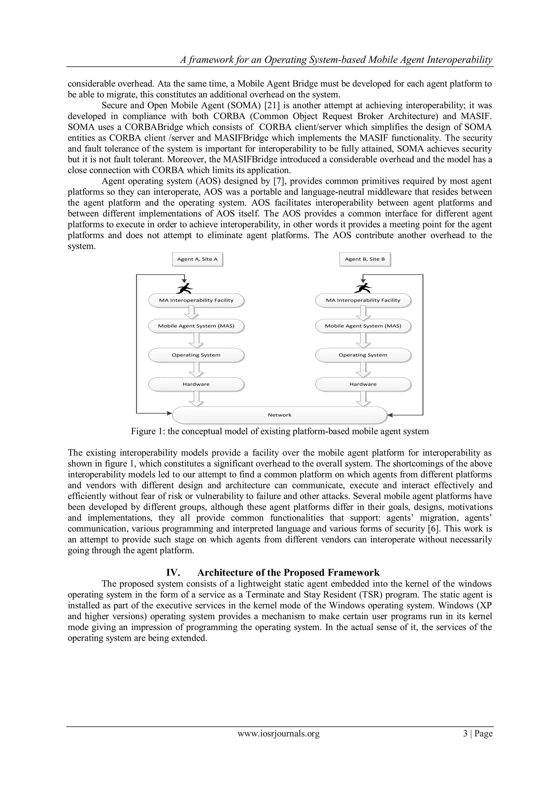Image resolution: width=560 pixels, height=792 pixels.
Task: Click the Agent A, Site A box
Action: point(197,259)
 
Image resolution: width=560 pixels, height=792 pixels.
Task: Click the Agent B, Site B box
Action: point(364,259)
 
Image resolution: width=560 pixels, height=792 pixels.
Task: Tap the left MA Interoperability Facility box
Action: point(196,300)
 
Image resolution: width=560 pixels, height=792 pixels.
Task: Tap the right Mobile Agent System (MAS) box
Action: point(363,326)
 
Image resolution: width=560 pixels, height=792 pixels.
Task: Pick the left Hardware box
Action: point(196,384)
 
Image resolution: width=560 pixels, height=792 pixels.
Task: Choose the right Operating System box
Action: point(363,355)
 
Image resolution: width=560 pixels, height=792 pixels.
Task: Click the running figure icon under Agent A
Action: point(185,288)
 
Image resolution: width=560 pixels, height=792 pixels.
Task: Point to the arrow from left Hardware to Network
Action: point(196,399)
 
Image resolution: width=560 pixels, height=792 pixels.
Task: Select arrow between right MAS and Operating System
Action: point(363,340)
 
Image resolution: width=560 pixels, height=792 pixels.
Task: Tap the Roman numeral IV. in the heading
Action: point(173,573)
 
